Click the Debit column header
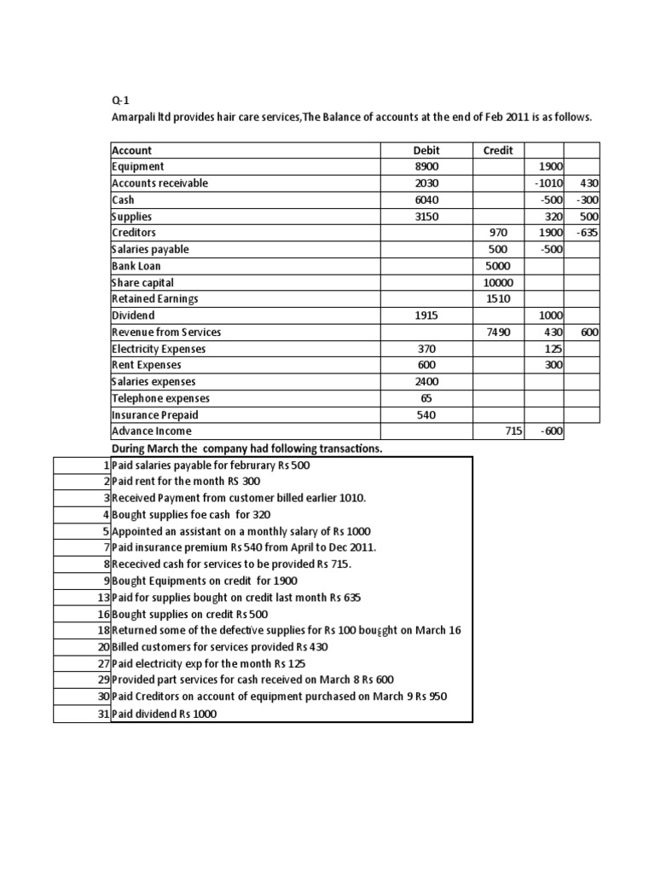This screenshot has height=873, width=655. (426, 150)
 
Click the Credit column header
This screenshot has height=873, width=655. (498, 150)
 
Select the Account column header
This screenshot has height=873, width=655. (132, 150)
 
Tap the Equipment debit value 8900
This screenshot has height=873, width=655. (426, 167)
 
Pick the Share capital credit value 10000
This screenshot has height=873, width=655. (497, 283)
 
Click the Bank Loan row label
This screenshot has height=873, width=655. (136, 266)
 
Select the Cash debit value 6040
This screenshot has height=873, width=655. (426, 200)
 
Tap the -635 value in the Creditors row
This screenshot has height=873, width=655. (584, 233)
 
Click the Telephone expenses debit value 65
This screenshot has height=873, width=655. (426, 398)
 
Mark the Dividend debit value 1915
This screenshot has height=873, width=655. (426, 315)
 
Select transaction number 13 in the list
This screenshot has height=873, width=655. (101, 598)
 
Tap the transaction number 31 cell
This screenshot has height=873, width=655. (101, 714)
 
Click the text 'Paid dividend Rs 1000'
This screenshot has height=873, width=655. (165, 714)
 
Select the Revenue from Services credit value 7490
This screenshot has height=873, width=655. (497, 332)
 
